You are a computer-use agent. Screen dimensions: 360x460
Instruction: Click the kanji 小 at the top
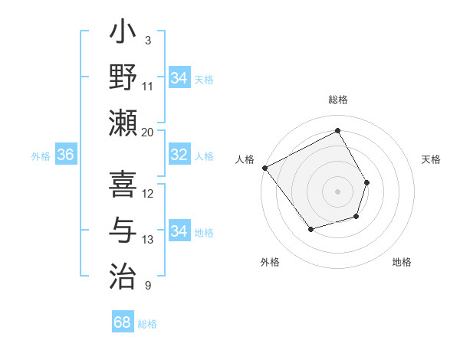pyautogui.click(x=123, y=34)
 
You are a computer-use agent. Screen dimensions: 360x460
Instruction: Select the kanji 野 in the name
pyautogui.click(x=123, y=78)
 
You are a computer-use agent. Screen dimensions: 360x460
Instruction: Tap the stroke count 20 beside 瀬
pyautogui.click(x=148, y=132)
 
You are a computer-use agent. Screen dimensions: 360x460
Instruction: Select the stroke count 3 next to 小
pyautogui.click(x=147, y=40)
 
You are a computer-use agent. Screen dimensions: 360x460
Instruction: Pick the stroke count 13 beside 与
pyautogui.click(x=148, y=240)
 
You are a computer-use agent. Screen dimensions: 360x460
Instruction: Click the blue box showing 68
pyautogui.click(x=122, y=322)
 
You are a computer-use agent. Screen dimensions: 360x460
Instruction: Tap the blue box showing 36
pyautogui.click(x=66, y=155)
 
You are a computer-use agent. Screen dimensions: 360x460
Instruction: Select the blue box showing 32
pyautogui.click(x=179, y=155)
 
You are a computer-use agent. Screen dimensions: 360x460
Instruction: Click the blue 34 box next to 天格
pyautogui.click(x=179, y=78)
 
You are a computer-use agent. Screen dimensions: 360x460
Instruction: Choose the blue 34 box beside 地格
pyautogui.click(x=179, y=231)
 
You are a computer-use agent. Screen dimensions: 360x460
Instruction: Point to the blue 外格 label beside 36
pyautogui.click(x=41, y=156)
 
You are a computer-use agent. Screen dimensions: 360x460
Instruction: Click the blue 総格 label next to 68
pyautogui.click(x=147, y=324)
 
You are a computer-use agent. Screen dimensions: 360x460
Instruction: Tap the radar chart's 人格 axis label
pyautogui.click(x=245, y=159)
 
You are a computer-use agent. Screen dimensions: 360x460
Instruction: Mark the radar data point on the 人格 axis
pyautogui.click(x=264, y=168)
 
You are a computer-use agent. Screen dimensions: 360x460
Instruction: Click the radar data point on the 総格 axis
pyautogui.click(x=337, y=131)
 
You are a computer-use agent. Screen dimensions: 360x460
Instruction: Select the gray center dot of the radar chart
pyautogui.click(x=337, y=191)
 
